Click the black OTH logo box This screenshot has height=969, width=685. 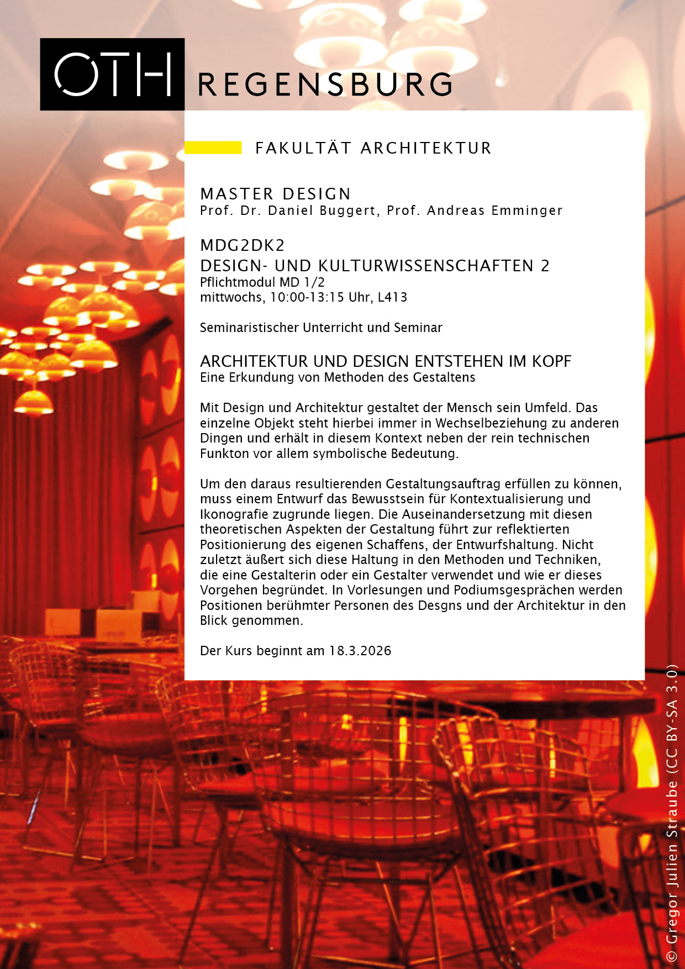pyautogui.click(x=112, y=74)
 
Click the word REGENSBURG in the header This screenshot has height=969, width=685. pyautogui.click(x=325, y=85)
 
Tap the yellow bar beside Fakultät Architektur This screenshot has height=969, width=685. pyautogui.click(x=213, y=148)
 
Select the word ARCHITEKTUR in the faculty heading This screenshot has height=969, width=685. pyautogui.click(x=426, y=148)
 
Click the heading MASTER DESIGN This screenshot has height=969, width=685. pyautogui.click(x=276, y=194)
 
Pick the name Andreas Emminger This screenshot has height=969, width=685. pyautogui.click(x=494, y=210)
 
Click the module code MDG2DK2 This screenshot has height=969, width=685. pyautogui.click(x=243, y=245)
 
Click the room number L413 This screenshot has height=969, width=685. pyautogui.click(x=393, y=297)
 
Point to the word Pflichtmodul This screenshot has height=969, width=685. pyautogui.click(x=238, y=282)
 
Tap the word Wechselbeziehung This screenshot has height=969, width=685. pyautogui.click(x=495, y=423)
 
